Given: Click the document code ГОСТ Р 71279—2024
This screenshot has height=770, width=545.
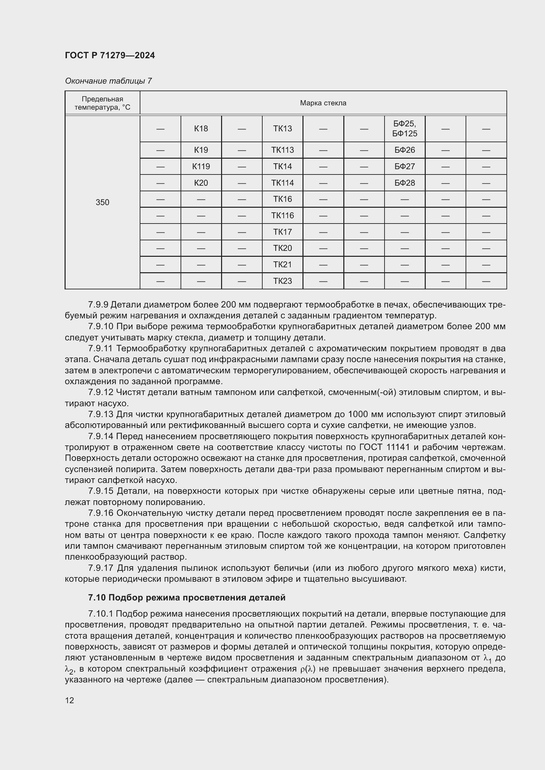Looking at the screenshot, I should click(x=110, y=55).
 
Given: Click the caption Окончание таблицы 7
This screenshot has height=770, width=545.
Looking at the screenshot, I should click(x=108, y=81).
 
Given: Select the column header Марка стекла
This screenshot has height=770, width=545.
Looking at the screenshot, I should click(x=323, y=103).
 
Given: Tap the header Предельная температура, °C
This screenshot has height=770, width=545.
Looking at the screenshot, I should click(x=102, y=103).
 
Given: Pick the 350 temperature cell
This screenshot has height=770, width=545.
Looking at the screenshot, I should click(x=102, y=202).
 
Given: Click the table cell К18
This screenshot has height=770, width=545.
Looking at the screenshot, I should click(x=201, y=128).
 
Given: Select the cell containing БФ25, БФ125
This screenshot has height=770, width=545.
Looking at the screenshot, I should click(x=404, y=128).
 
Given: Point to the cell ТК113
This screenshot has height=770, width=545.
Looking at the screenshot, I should click(x=282, y=150).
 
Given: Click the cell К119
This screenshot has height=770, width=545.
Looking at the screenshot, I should click(x=201, y=166).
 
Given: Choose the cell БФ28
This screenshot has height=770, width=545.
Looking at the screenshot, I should click(x=404, y=183).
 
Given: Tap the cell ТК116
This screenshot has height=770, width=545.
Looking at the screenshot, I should click(x=282, y=215).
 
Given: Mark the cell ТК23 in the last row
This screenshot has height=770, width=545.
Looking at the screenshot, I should click(x=282, y=281).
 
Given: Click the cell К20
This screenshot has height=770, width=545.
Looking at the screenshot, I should click(x=201, y=183).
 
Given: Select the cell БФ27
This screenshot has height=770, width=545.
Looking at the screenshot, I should click(x=404, y=166).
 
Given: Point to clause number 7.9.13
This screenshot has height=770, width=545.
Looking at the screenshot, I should click(x=101, y=414).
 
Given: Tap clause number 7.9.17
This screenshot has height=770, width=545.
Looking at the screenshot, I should click(x=101, y=568).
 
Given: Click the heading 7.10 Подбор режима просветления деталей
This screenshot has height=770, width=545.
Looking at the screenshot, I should click(x=186, y=597).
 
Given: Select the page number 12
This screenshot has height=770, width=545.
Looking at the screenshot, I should click(x=70, y=700).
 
